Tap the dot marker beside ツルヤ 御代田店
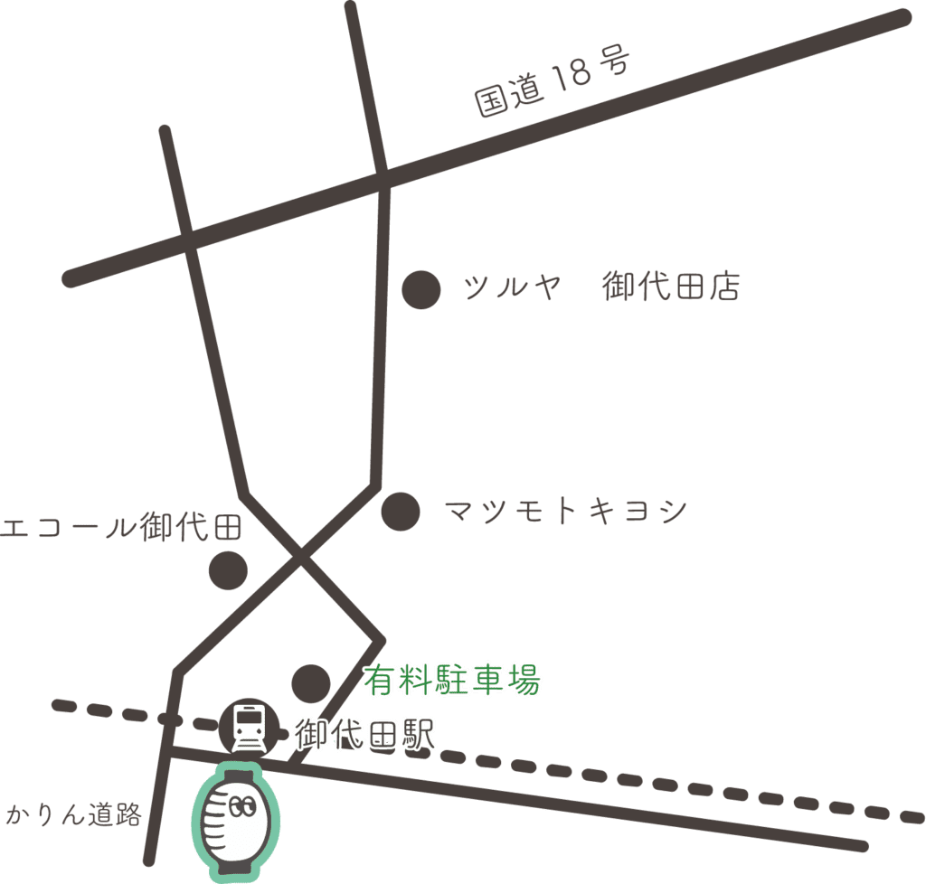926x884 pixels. pyautogui.click(x=420, y=289)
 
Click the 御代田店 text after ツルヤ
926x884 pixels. pyautogui.click(x=671, y=287)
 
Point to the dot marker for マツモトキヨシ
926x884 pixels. pyautogui.click(x=400, y=512)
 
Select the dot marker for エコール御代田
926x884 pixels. pyautogui.click(x=228, y=569)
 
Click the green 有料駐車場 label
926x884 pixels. pyautogui.click(x=452, y=680)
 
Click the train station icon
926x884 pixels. pyautogui.click(x=248, y=727)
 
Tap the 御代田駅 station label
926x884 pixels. pyautogui.click(x=365, y=733)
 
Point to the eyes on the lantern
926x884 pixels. pyautogui.click(x=242, y=807)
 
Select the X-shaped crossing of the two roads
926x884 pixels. pyautogui.click(x=301, y=559)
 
